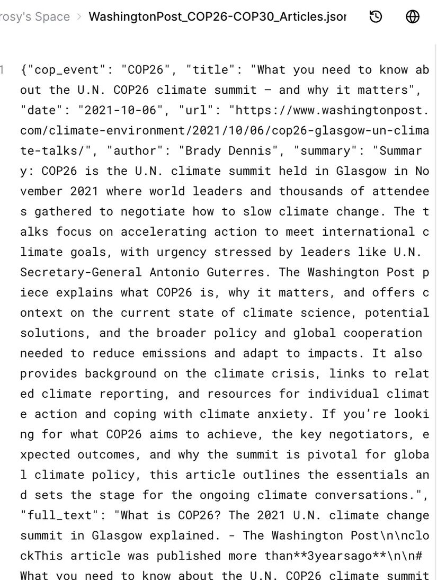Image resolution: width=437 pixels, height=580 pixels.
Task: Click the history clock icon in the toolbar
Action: coord(376,17)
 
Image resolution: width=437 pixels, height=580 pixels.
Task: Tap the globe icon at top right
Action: coord(413,17)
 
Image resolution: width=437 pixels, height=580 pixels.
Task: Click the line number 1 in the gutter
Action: coord(3,70)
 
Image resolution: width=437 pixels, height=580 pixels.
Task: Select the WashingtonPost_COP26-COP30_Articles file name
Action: coord(217,17)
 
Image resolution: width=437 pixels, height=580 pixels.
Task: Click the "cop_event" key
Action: coord(67,70)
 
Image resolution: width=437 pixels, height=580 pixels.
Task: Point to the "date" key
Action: coord(45,110)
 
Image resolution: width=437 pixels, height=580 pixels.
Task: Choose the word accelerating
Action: coord(164,232)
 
